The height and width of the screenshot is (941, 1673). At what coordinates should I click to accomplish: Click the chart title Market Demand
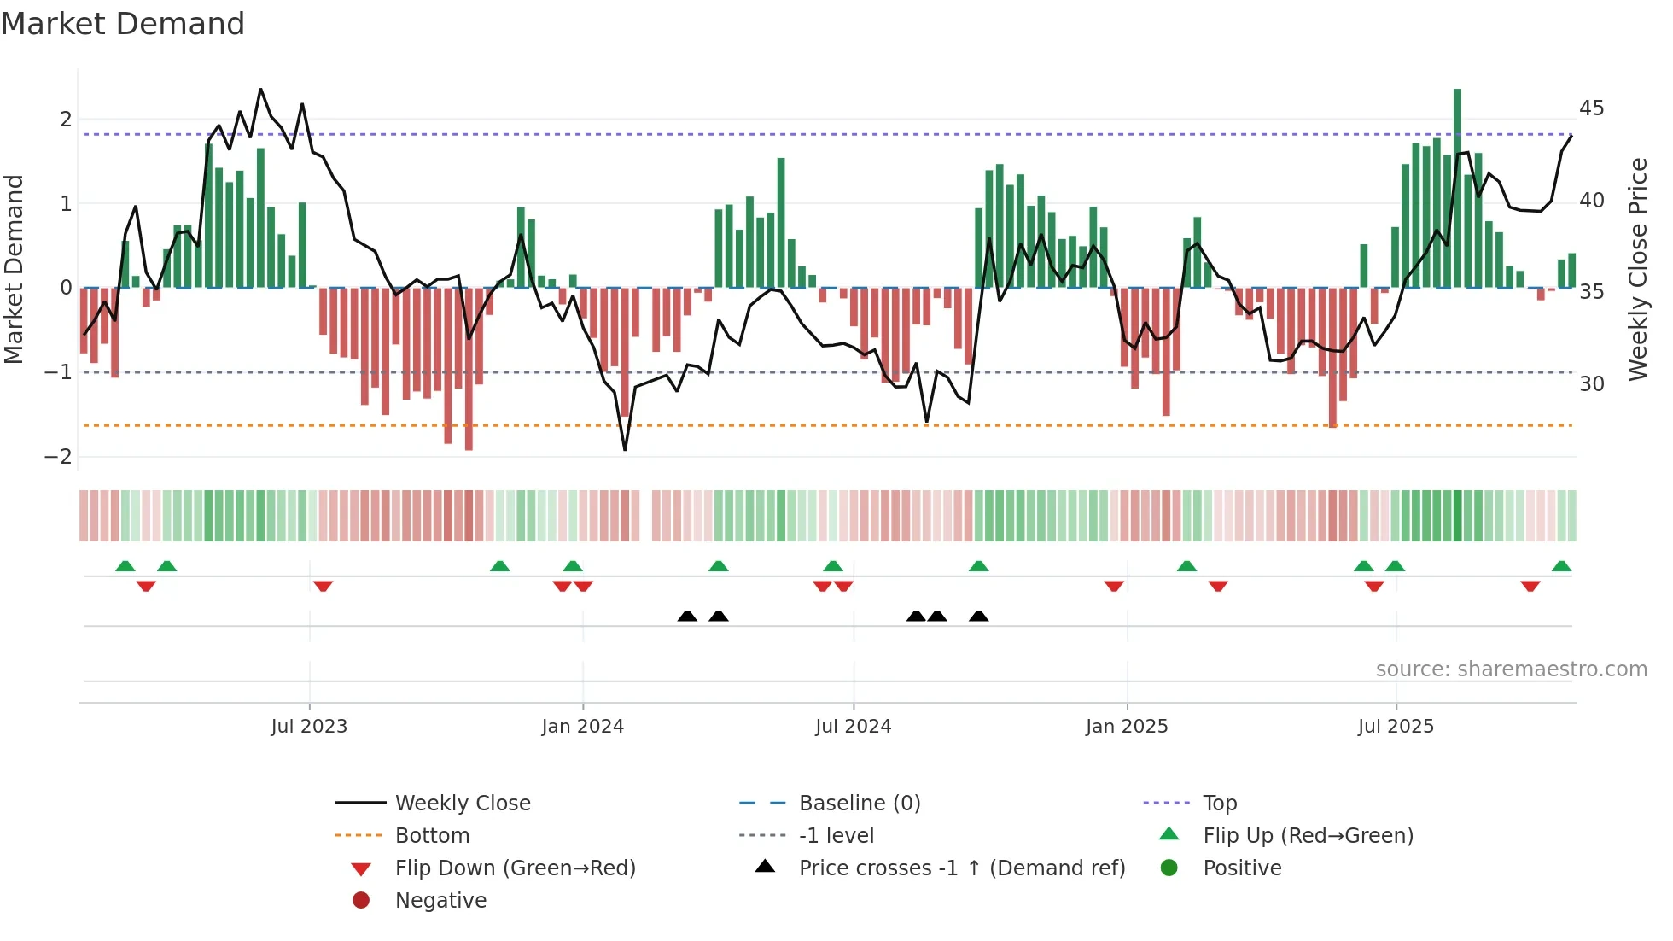[123, 24]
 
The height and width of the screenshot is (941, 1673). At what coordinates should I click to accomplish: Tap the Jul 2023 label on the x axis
[309, 727]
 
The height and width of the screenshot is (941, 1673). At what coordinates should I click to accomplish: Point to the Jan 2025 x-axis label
[1127, 727]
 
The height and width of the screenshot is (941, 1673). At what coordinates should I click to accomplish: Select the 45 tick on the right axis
[1591, 108]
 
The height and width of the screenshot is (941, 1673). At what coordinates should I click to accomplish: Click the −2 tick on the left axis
[58, 457]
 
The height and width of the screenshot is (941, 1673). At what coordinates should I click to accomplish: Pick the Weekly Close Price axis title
[1637, 269]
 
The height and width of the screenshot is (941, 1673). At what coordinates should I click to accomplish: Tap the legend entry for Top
[1220, 804]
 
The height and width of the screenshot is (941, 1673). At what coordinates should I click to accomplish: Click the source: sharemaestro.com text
[1511, 669]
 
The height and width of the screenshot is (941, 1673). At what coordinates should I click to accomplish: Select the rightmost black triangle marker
[979, 617]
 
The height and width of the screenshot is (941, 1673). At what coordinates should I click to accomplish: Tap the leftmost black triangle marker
[687, 617]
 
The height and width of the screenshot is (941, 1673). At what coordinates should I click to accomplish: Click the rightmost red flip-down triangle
[1530, 586]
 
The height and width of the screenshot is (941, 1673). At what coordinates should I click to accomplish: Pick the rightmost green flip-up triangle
[1561, 566]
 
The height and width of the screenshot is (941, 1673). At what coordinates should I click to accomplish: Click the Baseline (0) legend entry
[859, 804]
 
